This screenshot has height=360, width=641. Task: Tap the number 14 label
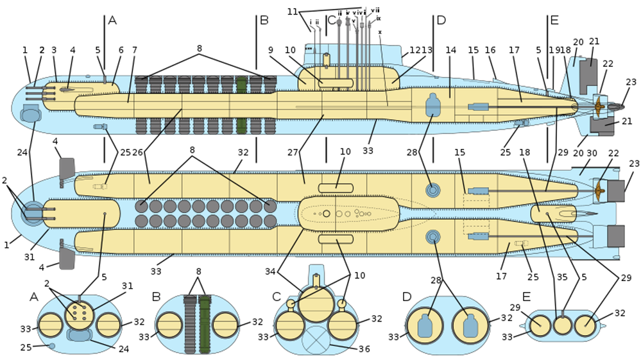click(x=450, y=49)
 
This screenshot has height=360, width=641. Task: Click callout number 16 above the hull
click(x=490, y=49)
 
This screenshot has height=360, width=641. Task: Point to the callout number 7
click(x=134, y=50)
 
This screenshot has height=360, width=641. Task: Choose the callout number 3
click(x=54, y=49)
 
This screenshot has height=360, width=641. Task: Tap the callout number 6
click(x=121, y=49)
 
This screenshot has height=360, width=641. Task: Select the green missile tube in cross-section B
click(x=205, y=325)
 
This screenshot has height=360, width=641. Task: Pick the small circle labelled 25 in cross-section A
click(x=52, y=346)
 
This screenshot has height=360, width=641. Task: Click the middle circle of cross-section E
click(x=563, y=325)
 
